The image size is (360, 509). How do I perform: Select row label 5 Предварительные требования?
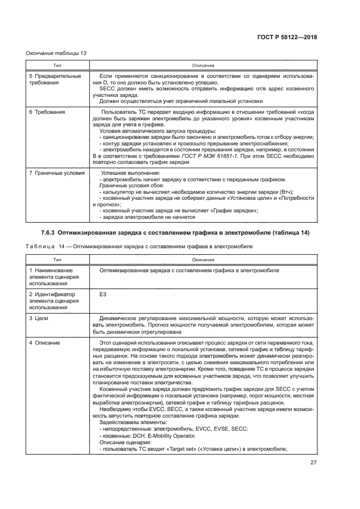pos(54,79)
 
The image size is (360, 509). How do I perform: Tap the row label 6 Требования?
pos(47,112)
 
